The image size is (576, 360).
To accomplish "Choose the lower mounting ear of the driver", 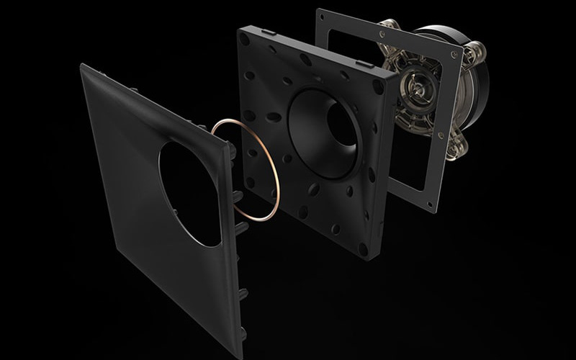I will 447,152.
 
